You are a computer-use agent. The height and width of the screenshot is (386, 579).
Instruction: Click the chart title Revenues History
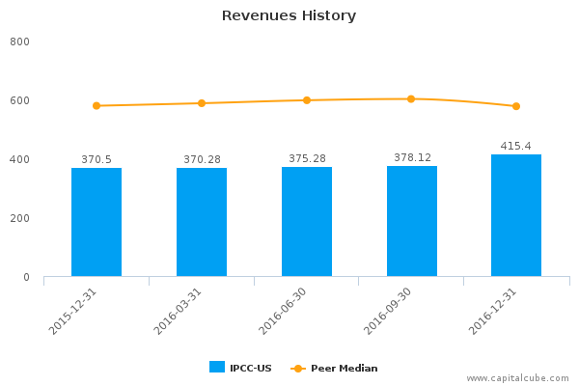pos(289,15)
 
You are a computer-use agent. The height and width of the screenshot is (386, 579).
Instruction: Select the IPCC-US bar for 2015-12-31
pos(96,222)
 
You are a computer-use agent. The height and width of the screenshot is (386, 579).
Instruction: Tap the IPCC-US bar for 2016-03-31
pos(202,222)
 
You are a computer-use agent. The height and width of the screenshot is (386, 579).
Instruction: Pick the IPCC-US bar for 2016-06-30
pos(307,222)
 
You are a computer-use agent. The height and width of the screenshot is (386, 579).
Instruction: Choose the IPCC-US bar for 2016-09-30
pos(412,222)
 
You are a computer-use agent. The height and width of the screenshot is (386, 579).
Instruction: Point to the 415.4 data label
pos(516,147)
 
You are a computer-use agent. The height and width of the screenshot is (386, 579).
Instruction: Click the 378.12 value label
pos(412,157)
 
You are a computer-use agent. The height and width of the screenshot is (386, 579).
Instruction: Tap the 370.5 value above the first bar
pos(96,160)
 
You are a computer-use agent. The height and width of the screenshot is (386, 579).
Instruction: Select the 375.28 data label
pos(307,158)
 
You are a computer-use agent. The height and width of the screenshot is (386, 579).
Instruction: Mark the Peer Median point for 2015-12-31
pos(96,105)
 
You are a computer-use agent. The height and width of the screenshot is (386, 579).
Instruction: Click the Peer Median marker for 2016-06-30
pos(307,99)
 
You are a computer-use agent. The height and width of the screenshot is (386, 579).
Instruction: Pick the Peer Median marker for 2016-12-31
pos(516,106)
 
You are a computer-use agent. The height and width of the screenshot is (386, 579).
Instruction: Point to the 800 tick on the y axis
pos(20,42)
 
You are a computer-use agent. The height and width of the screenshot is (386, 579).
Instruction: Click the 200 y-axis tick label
pos(20,219)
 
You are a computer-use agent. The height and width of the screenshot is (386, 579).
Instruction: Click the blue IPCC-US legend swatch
pos(217,367)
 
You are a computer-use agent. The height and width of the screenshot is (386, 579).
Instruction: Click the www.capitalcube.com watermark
pos(518,378)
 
